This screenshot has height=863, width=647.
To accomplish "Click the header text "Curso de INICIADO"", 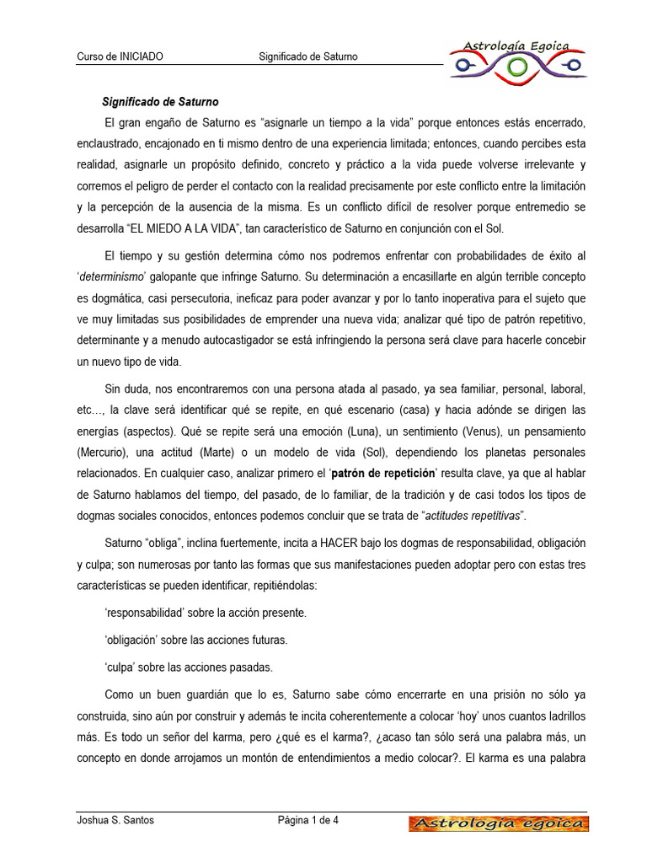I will coord(120,56).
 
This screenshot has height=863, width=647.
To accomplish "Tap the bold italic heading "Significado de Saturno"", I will coord(159,101).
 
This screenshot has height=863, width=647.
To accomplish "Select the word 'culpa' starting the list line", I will coord(120,667).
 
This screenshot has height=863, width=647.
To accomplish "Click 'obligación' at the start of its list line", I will coord(133,640).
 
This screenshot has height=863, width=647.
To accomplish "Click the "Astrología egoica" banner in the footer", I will coord(499,823).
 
